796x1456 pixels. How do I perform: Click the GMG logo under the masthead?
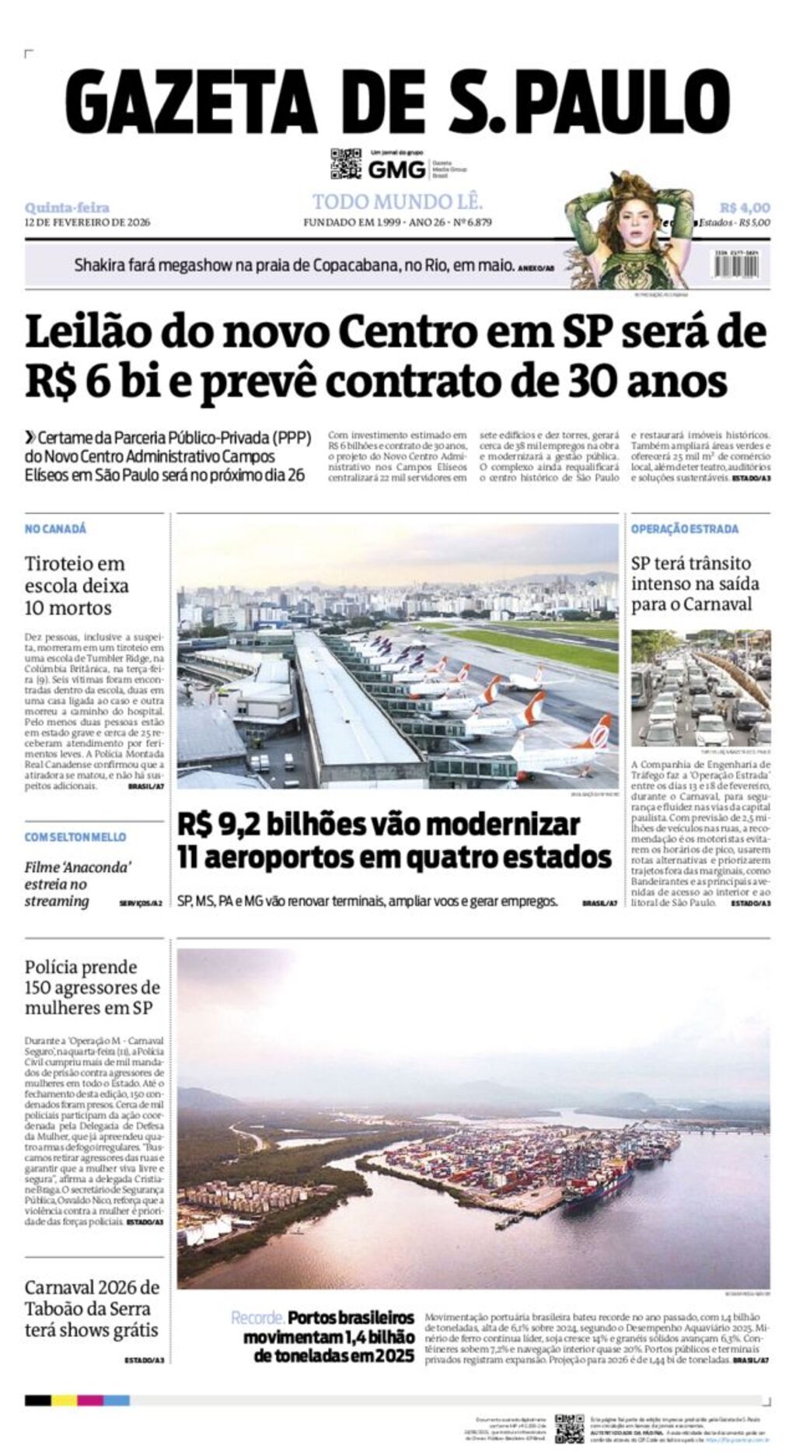point(396,169)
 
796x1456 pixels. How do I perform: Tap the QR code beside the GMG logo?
point(346,163)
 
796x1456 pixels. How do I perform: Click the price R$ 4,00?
point(744,207)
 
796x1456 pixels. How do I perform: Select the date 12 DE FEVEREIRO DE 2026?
point(87,222)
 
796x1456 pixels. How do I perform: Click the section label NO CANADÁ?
point(55,529)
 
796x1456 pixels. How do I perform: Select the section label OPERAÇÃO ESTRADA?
point(684,529)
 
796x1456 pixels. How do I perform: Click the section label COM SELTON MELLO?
point(75,837)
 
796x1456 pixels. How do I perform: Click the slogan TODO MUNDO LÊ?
point(397,202)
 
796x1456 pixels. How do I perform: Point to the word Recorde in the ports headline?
point(257,1318)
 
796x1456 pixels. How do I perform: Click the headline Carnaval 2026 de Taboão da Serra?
point(92,1308)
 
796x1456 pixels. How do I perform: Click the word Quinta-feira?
point(67,207)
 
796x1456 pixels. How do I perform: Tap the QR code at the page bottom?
point(569,1428)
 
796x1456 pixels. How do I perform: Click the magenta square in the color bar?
point(90,1400)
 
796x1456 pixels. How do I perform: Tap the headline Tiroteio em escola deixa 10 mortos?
point(76,585)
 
